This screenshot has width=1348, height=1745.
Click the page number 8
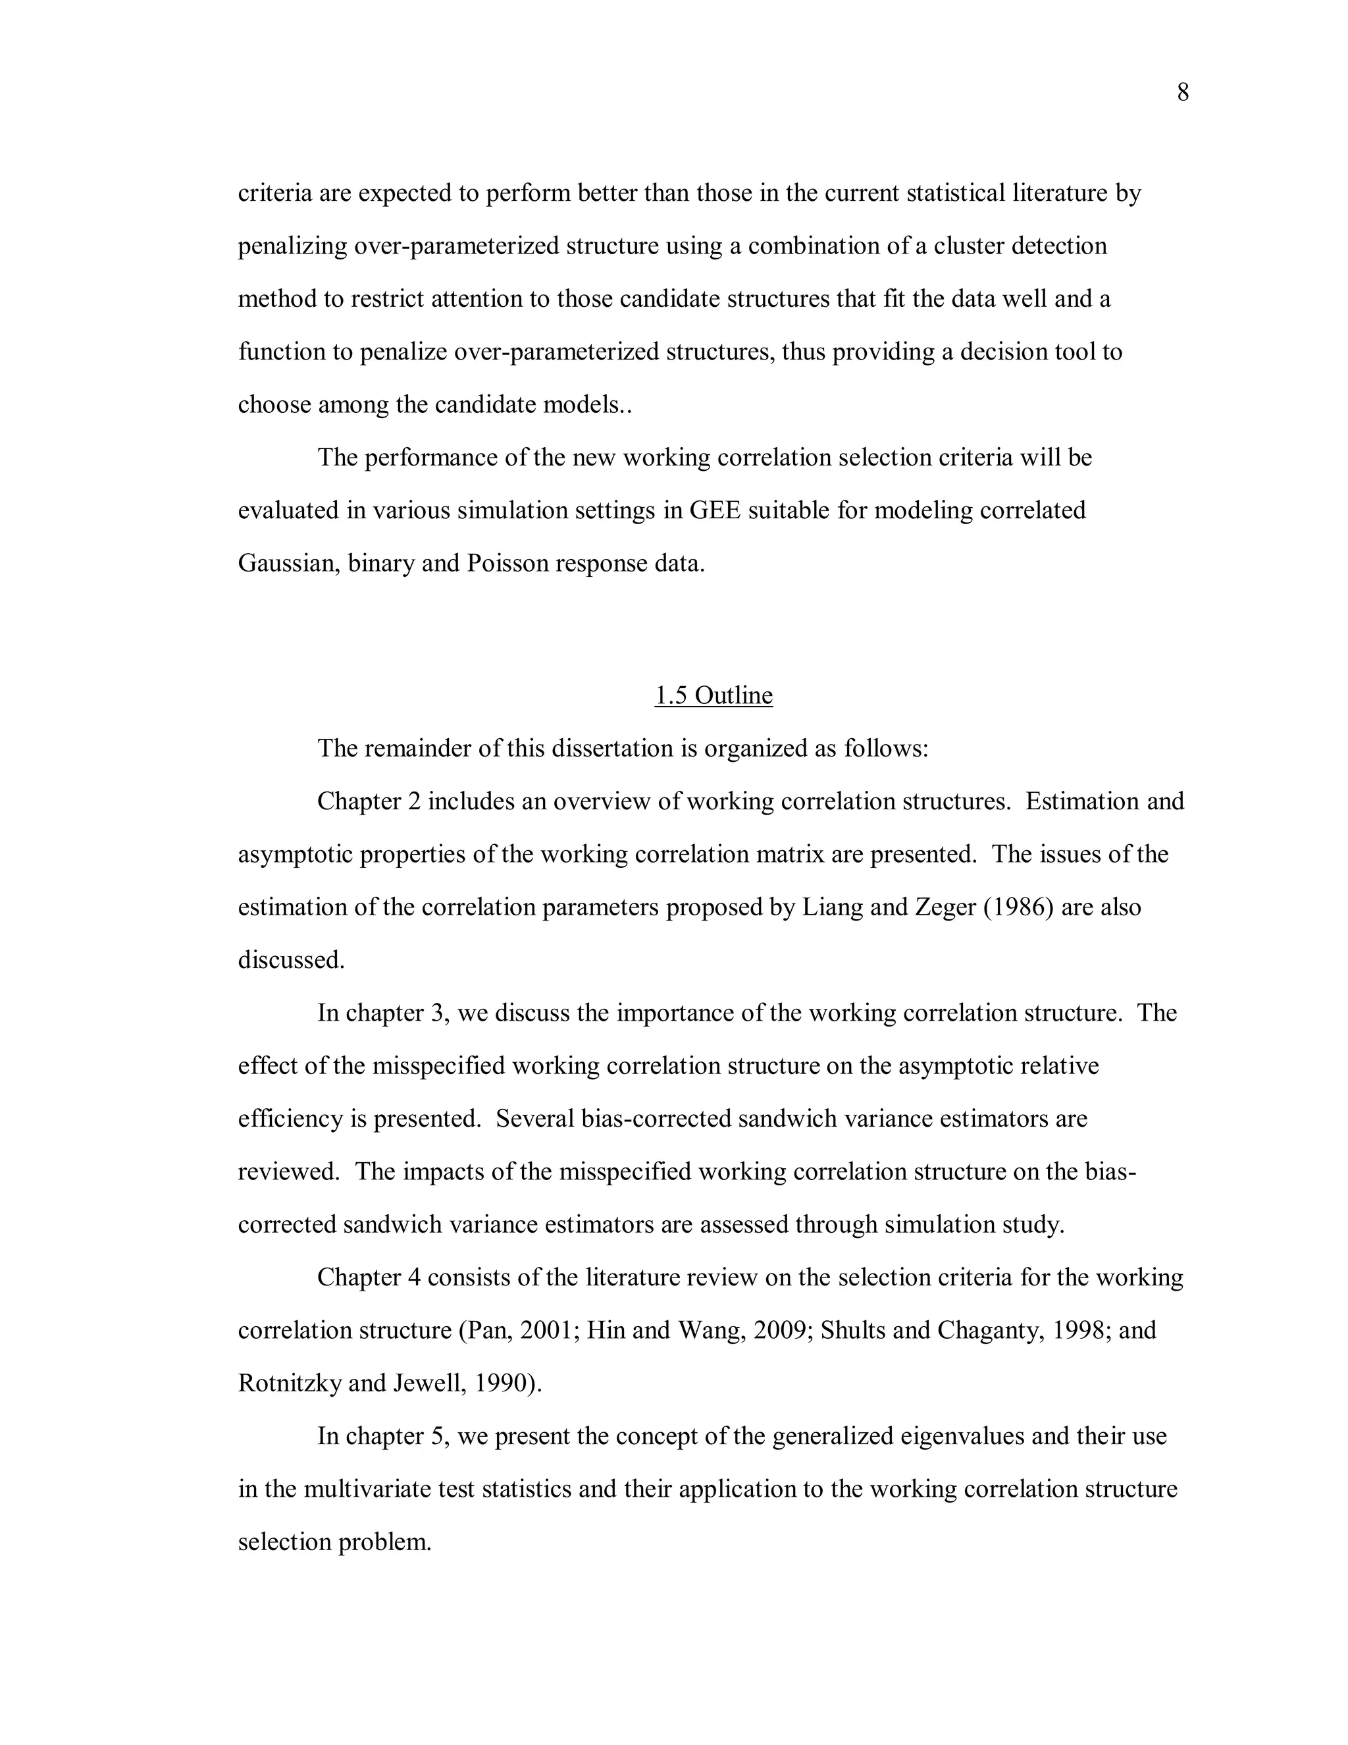coord(1183,94)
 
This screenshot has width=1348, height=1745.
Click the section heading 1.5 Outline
coord(713,695)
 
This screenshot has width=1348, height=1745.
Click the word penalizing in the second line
coord(292,246)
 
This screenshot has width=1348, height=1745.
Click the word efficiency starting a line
coord(291,1119)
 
